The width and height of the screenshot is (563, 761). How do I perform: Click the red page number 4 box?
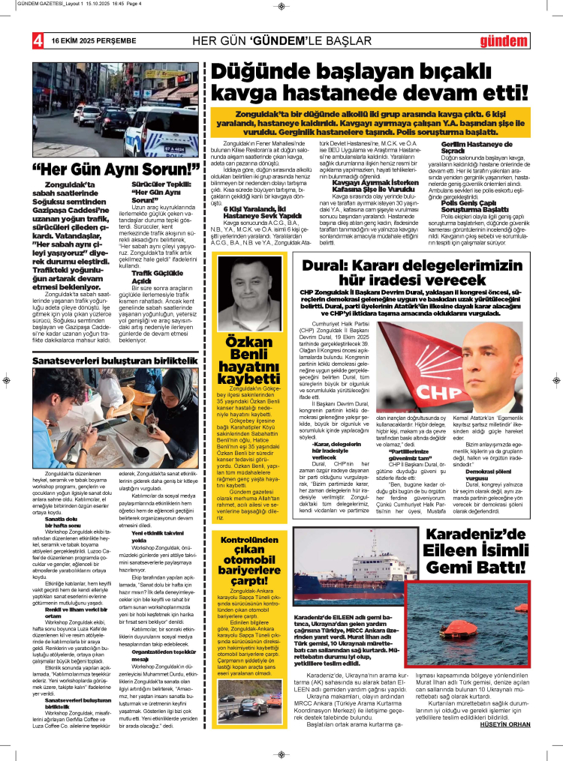[x=36, y=40]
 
